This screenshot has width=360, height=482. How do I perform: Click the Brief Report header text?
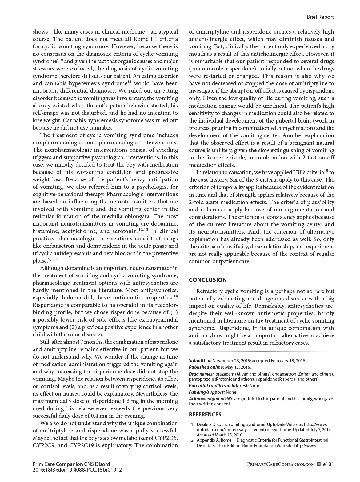click(x=320, y=17)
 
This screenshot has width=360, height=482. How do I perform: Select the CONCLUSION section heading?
click(x=208, y=280)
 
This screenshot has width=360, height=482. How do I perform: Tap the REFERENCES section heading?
click(x=205, y=415)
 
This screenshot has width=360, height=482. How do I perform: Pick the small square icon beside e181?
click(x=318, y=464)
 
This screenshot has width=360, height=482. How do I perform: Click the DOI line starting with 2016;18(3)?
click(x=77, y=470)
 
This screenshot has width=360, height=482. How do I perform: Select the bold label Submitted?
click(x=200, y=361)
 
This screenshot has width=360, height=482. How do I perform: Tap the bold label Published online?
click(x=206, y=367)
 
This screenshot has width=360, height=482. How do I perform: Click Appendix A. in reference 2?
click(x=208, y=440)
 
